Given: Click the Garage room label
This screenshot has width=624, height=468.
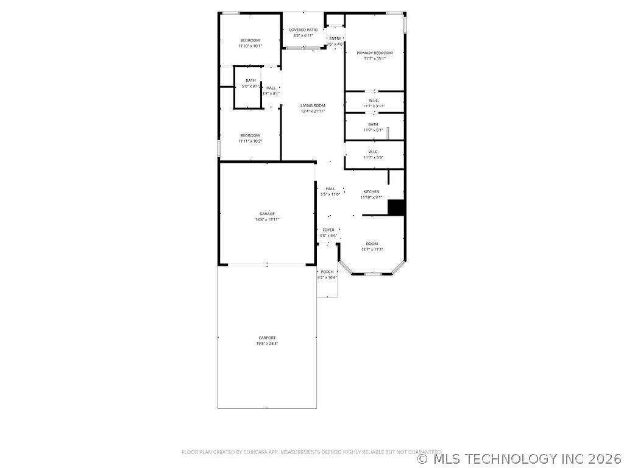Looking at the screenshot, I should coord(267,214).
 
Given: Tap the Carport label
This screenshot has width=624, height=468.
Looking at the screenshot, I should coord(267,338).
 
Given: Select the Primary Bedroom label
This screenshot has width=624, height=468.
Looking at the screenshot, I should coord(375,53).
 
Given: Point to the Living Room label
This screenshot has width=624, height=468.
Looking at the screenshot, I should coord(313,105).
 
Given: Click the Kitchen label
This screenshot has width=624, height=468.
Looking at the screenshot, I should coord(371,191).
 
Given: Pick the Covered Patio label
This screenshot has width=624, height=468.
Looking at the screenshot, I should coord(303,30).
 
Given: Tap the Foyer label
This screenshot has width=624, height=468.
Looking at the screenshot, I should coord(328,230).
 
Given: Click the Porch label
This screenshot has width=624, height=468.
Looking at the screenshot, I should coord(327,272).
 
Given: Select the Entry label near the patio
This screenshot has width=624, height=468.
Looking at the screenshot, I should coord(335,38).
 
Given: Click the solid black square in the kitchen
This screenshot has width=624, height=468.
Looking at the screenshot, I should coord(397,207).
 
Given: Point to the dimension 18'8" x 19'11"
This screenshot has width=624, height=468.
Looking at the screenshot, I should coord(267,219).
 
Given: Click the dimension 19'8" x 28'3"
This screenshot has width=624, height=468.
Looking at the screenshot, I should coord(267,343).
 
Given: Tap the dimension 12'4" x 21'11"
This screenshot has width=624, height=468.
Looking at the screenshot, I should coord(313,111).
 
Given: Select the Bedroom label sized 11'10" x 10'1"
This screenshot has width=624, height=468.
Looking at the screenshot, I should coord(250,40).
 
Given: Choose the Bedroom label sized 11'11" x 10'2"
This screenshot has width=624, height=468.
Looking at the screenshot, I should coord(250,135).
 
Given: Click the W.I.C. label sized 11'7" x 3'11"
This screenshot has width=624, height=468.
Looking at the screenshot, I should coord(374,101).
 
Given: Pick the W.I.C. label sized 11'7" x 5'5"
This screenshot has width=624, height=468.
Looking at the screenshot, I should coord(374,152).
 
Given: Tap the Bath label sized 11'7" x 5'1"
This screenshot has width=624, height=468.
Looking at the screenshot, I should coord(373,124).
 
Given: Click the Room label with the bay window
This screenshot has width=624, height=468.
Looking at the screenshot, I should coord(372,243).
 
